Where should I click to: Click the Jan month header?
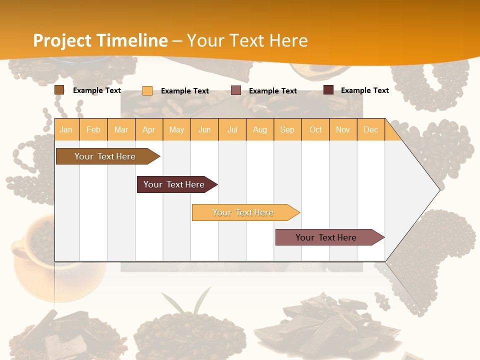coord(66,129)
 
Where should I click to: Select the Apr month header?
coord(149,129)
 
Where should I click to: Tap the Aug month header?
coord(260,129)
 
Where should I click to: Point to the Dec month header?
coord(370,129)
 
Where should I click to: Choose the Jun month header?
coord(204,129)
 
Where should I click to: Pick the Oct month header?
coord(315,129)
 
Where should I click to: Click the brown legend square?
coord(59,90)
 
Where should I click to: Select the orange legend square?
coord(147,90)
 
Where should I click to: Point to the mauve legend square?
coord(236,90)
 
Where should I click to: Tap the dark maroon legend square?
coord(328,90)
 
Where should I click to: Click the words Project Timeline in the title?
coord(100,40)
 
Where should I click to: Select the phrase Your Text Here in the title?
coord(247,40)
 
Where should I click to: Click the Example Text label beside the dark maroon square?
coord(364,90)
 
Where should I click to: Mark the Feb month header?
coord(93,129)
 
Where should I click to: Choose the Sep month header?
coord(287,129)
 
